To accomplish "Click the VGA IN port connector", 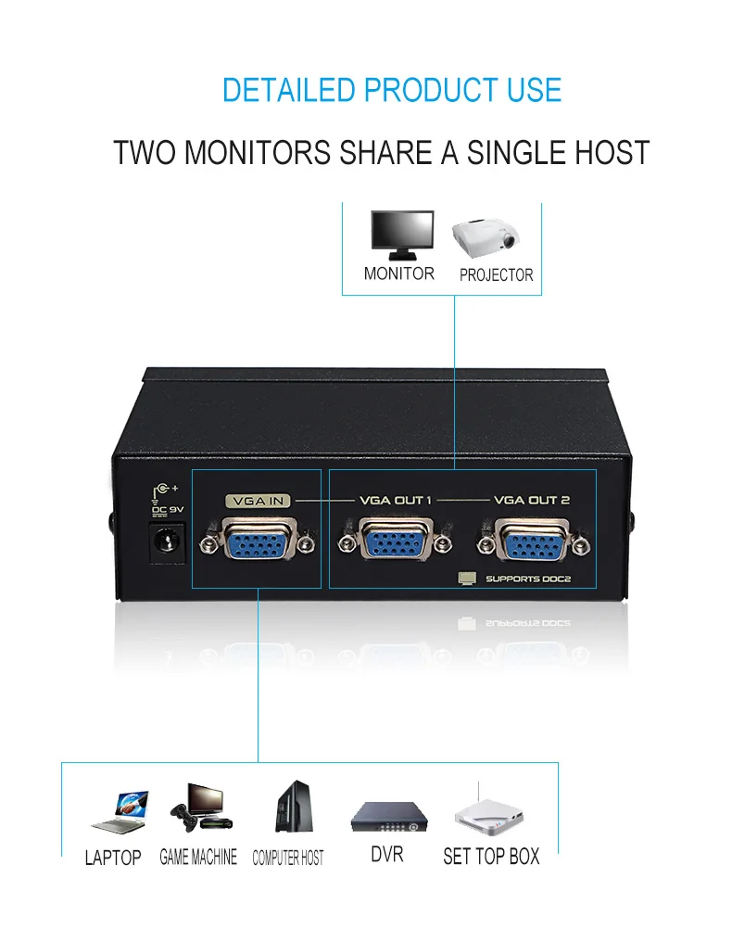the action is pyautogui.click(x=258, y=539).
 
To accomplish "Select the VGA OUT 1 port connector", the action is pyautogui.click(x=395, y=540).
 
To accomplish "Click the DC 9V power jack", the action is pyautogui.click(x=166, y=542).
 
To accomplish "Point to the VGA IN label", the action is pyautogui.click(x=258, y=501).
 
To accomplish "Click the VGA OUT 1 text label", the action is pyautogui.click(x=396, y=500).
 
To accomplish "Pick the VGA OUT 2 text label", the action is pyautogui.click(x=532, y=500).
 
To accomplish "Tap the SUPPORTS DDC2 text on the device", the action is pyautogui.click(x=528, y=579).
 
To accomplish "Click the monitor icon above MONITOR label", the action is pyautogui.click(x=402, y=235).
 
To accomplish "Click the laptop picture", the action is pyautogui.click(x=120, y=812).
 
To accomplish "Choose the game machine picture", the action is pyautogui.click(x=201, y=807).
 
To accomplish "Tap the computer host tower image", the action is pyautogui.click(x=294, y=806).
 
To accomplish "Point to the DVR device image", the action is pyautogui.click(x=389, y=817).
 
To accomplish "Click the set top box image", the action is pyautogui.click(x=488, y=811).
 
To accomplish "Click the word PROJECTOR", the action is pyautogui.click(x=497, y=274).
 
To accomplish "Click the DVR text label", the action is pyautogui.click(x=387, y=854).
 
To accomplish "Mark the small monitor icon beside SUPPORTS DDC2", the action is pyautogui.click(x=467, y=578).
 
